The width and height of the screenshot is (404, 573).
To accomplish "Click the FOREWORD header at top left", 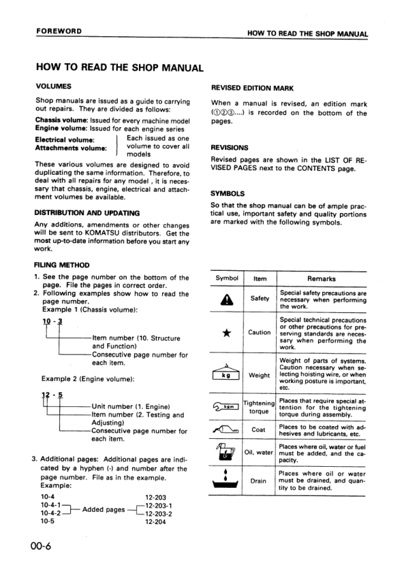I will pos(59,31).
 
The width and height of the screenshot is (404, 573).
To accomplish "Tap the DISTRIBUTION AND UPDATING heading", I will pos(87,212).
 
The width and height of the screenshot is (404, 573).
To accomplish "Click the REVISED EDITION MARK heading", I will pos(252,88).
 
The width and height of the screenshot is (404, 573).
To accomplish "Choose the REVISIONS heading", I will pos(230,147).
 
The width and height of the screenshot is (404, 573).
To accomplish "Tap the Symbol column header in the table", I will pos(226,278).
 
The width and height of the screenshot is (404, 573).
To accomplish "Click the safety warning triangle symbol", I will pos(226,298).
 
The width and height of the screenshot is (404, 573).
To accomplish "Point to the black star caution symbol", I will pos(226,332).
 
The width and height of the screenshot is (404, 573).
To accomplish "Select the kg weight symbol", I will pos(226,374).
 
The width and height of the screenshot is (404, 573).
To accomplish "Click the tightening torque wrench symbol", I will pos(226,406).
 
